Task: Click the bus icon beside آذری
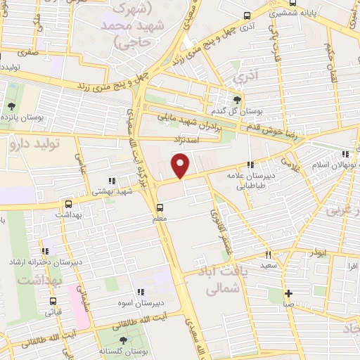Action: [x=245, y=15]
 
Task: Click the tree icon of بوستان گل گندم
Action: [x=238, y=99]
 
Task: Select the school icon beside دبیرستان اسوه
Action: [x=141, y=291]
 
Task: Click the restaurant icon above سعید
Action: [x=268, y=255]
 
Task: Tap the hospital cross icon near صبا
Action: [x=288, y=294]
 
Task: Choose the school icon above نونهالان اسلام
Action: [x=344, y=154]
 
